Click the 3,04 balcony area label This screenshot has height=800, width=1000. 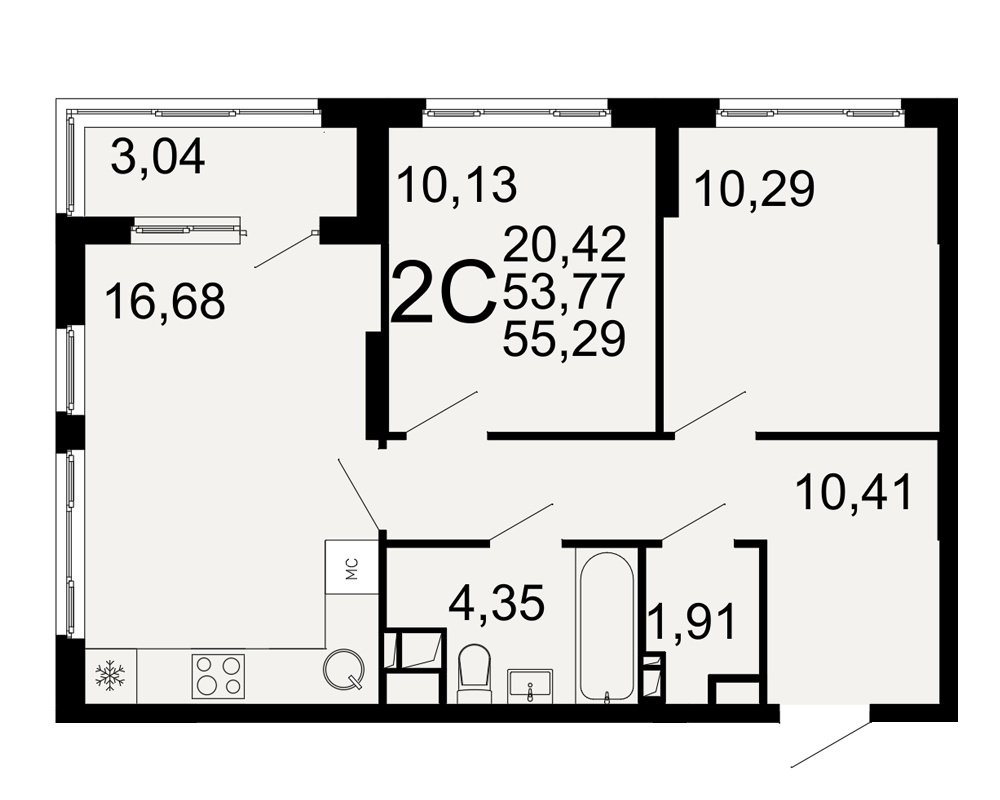coord(158,158)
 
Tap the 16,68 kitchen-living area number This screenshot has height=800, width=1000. coord(165,302)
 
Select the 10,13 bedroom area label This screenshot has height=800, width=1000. coord(457,185)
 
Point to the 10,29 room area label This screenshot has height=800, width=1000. coord(754,189)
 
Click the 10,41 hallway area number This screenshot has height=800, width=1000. coord(855,493)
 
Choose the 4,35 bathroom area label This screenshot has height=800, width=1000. coord(497,603)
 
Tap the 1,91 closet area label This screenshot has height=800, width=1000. coord(692,622)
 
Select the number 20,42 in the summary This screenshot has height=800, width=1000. coord(564,244)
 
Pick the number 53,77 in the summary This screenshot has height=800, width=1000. coord(563,292)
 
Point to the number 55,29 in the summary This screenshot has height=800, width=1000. coord(564,339)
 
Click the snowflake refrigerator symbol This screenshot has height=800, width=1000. coord(110,676)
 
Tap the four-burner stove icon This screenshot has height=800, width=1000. coord(218,676)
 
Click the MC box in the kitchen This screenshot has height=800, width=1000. coord(352,567)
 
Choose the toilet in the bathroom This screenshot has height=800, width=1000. coord(474,673)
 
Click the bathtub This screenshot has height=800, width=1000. coord(607,626)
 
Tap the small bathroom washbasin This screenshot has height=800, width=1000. coord(530,686)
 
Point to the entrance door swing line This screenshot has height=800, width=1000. coord(831,745)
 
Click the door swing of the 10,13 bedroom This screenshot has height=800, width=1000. coord(441,413)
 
